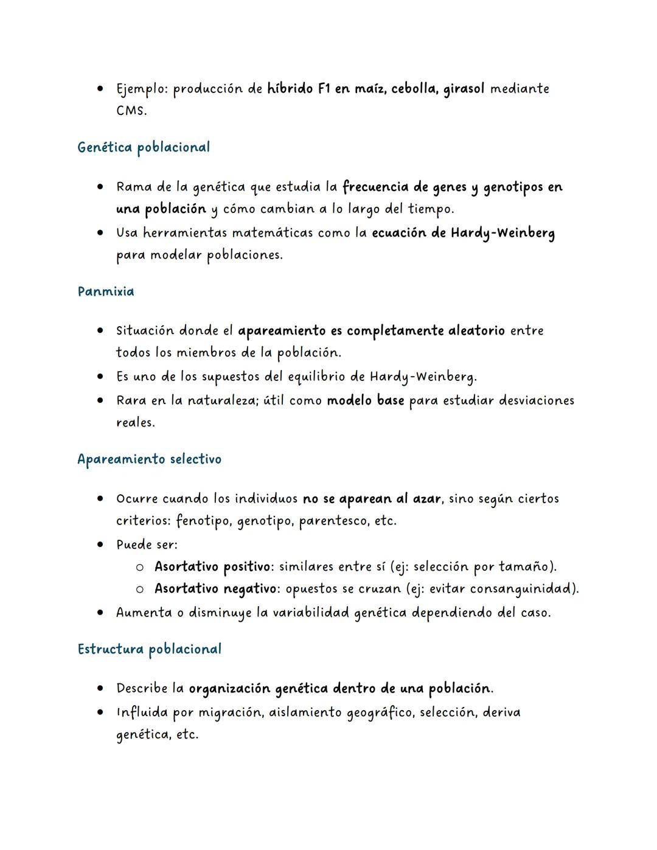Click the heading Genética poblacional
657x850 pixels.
coord(144,147)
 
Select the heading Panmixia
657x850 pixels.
coord(106,291)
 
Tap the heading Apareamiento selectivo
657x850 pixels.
coord(149,459)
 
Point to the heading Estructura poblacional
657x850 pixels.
coord(149,649)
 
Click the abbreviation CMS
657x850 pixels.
coord(131,111)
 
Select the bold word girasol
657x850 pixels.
coord(464,89)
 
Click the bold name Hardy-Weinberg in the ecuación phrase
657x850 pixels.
coord(502,233)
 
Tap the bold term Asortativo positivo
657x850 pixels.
coord(212,567)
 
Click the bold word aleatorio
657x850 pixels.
coord(476,331)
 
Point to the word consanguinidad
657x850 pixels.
coord(521,589)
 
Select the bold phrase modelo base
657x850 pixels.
coord(366,401)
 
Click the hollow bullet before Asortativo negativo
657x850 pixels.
coord(139,589)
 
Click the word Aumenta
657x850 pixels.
coord(144,613)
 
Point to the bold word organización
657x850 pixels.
coord(229,689)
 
